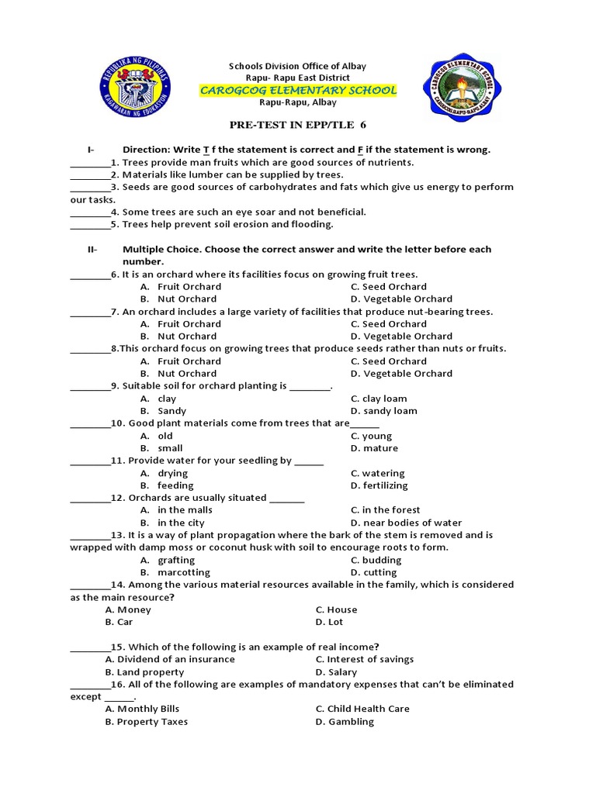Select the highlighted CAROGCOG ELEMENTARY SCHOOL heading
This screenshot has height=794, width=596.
click(x=299, y=91)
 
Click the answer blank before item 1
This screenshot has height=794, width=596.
click(x=89, y=163)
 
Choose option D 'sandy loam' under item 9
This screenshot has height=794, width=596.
click(x=384, y=411)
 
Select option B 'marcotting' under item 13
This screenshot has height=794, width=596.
click(x=185, y=572)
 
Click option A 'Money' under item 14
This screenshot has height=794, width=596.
click(x=129, y=609)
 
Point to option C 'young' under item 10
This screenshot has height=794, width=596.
click(x=372, y=436)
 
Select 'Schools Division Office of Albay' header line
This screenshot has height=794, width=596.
click(x=296, y=66)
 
